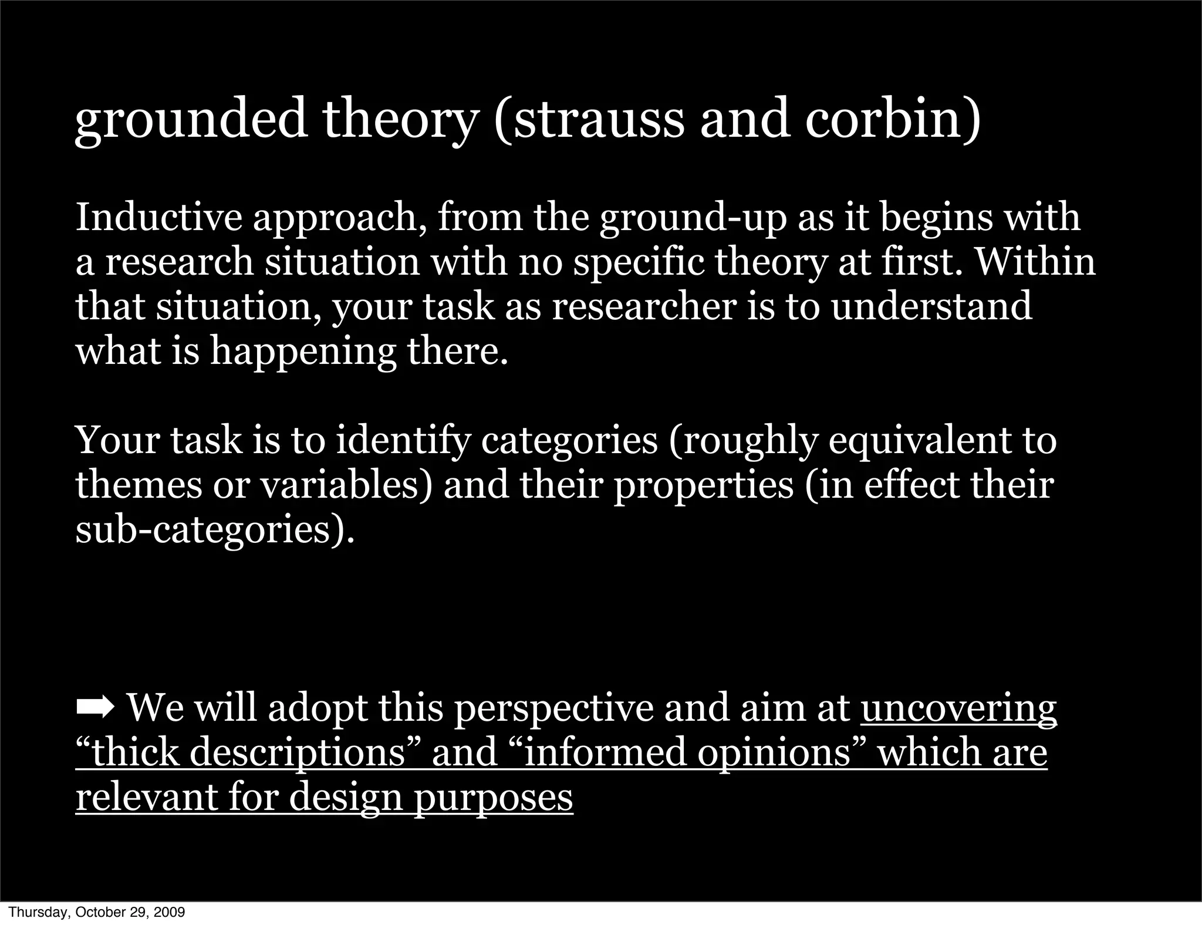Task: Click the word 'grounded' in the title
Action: (x=191, y=120)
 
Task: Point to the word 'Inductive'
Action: (x=158, y=217)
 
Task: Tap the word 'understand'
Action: (x=931, y=306)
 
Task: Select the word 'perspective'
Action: (x=553, y=709)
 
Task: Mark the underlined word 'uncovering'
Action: (x=958, y=709)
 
